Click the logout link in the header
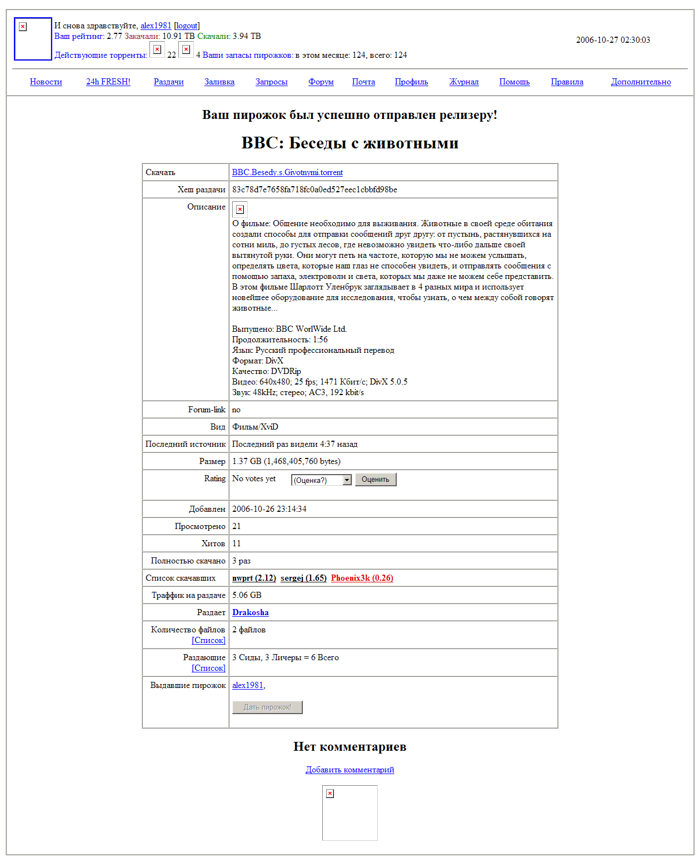coord(187,26)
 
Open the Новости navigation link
coord(46,82)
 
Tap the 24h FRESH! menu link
coord(108,82)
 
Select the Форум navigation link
coord(321,82)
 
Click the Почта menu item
coord(363,82)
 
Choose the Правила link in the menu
coord(567,82)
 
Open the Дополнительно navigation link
coord(641,82)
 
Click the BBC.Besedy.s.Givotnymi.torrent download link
coord(287,172)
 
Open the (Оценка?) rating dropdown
coord(322,480)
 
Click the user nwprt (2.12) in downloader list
coord(254,578)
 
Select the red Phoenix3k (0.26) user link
coord(362,578)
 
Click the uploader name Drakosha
coord(250,612)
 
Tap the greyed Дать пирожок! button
coord(267,707)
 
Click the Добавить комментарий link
coord(350,770)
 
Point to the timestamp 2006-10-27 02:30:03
coord(613,40)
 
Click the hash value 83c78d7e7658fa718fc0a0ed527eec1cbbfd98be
coord(314,189)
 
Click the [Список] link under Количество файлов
coord(208,640)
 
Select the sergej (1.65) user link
coord(303,578)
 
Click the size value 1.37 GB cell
coord(286,461)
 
